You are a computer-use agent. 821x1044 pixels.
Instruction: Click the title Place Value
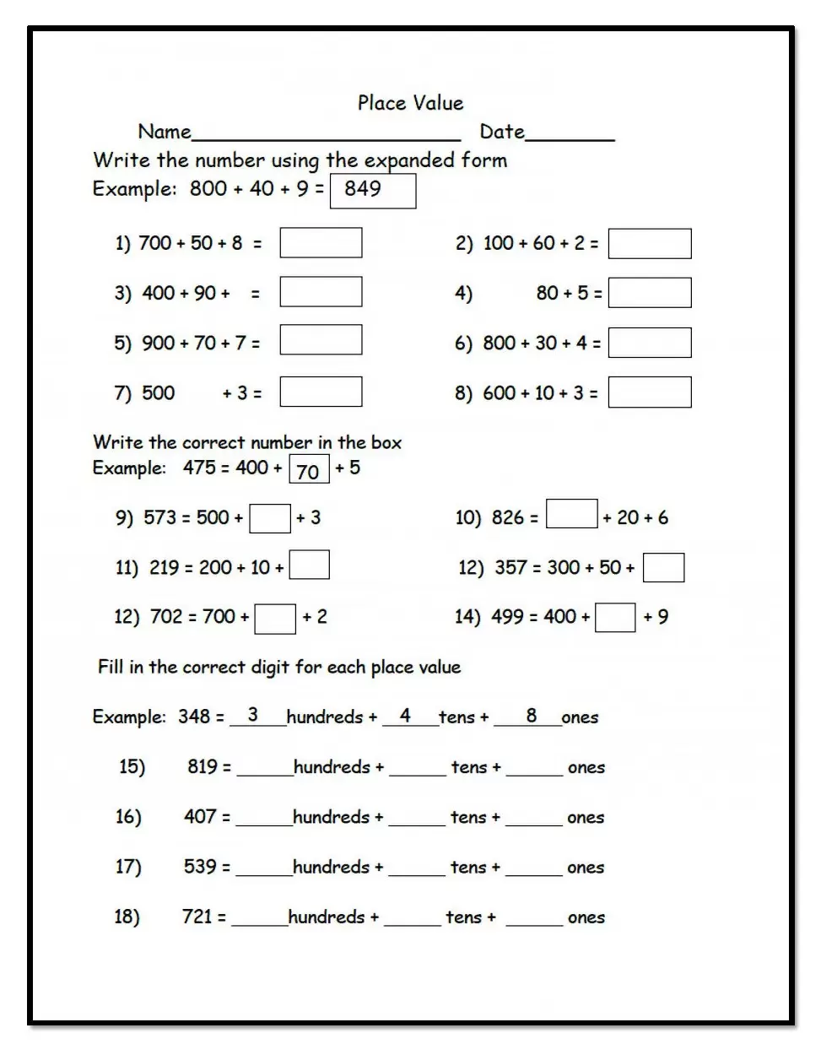pyautogui.click(x=410, y=103)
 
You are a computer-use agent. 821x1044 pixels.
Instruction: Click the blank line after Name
pyautogui.click(x=326, y=135)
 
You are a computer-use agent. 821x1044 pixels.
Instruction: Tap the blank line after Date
pyautogui.click(x=570, y=135)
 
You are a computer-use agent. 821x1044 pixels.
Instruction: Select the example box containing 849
pyautogui.click(x=373, y=190)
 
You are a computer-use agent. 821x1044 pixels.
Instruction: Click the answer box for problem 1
pyautogui.click(x=321, y=243)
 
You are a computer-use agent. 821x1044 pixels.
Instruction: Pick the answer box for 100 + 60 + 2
pyautogui.click(x=649, y=244)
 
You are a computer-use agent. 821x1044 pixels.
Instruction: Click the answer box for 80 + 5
pyautogui.click(x=649, y=293)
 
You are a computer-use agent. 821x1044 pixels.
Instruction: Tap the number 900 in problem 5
pyautogui.click(x=159, y=343)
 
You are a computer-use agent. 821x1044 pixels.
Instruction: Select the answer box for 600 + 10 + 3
pyautogui.click(x=649, y=392)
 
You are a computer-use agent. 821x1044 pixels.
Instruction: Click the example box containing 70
pyautogui.click(x=309, y=470)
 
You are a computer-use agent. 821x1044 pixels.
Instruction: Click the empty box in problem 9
pyautogui.click(x=270, y=518)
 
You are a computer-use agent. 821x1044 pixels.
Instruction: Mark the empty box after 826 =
pyautogui.click(x=571, y=514)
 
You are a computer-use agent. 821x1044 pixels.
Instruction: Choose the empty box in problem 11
pyautogui.click(x=309, y=565)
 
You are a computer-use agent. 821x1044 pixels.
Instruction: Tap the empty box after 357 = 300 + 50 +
pyautogui.click(x=663, y=568)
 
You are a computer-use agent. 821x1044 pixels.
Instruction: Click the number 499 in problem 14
pyautogui.click(x=507, y=617)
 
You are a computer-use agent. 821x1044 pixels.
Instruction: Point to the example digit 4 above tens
pyautogui.click(x=405, y=716)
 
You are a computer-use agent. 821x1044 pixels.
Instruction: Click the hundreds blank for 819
pyautogui.click(x=264, y=768)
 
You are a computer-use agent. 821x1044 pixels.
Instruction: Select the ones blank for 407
pyautogui.click(x=533, y=818)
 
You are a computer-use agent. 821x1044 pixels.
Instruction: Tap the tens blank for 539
pyautogui.click(x=416, y=868)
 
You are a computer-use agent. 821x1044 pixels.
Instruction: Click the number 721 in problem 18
pyautogui.click(x=197, y=917)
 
